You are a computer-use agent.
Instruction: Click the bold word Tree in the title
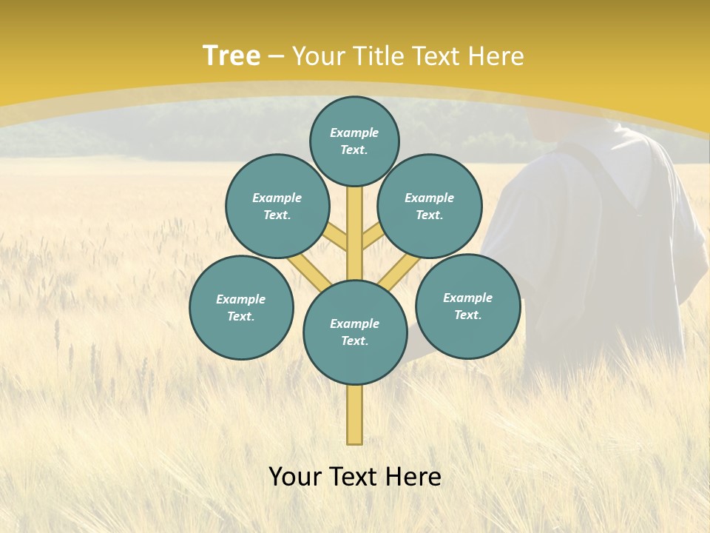[231, 56]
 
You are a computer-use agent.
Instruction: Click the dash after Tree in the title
[277, 57]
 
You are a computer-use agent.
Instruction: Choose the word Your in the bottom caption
[296, 477]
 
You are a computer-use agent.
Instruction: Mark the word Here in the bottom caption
[413, 477]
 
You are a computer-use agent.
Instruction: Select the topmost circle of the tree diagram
[354, 141]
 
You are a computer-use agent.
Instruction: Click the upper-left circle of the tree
[277, 207]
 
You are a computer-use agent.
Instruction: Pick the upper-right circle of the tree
[430, 207]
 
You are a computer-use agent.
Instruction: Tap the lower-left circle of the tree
[241, 308]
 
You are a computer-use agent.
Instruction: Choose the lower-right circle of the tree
[468, 306]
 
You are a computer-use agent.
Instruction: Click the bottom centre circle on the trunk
[355, 332]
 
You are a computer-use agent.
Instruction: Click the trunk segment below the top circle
[355, 222]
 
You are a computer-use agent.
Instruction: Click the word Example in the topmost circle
[354, 133]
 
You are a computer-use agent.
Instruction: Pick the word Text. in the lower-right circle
[468, 315]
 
